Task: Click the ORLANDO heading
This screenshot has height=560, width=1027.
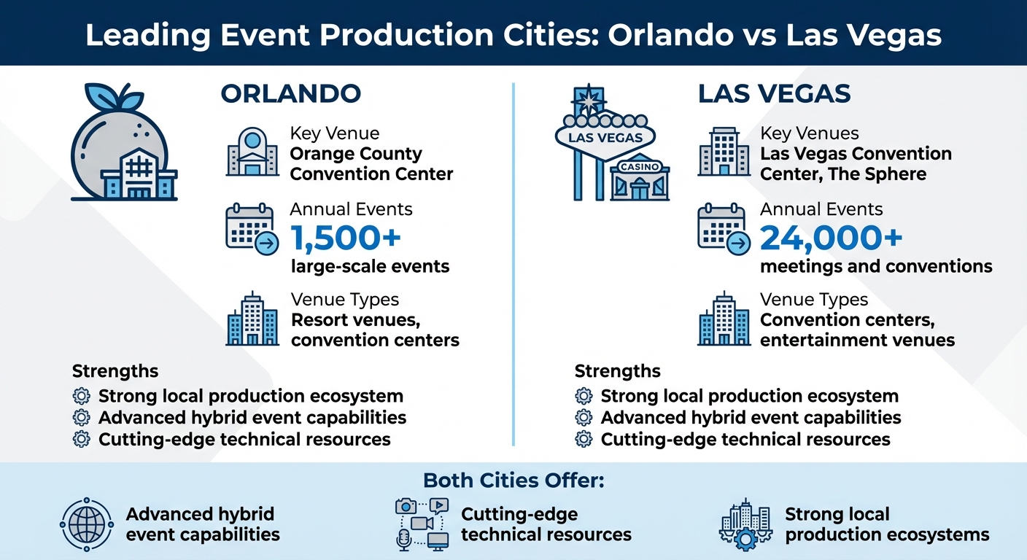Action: [x=290, y=94]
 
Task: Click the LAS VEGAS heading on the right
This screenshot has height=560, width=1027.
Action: [x=774, y=94]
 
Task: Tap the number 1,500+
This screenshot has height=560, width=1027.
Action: [x=346, y=238]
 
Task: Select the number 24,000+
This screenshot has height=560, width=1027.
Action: [x=832, y=238]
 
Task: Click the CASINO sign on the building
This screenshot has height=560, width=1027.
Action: [x=639, y=167]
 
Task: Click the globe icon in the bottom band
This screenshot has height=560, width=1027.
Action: [x=86, y=524]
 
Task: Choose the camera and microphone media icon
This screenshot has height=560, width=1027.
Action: [x=421, y=524]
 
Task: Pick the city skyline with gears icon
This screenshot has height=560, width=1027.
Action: [x=745, y=524]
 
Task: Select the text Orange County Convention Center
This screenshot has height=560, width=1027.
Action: [x=371, y=164]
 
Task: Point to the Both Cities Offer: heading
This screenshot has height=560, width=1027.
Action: [x=514, y=481]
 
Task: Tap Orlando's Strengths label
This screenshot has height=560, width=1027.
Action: [x=115, y=371]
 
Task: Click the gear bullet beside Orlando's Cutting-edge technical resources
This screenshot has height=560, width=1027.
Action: [x=82, y=440]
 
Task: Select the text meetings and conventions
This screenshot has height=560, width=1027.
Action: [x=876, y=266]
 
